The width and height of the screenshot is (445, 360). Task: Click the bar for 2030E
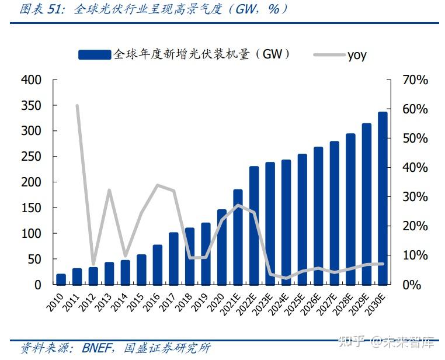coord(383,198)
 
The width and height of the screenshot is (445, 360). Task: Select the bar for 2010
coord(61,279)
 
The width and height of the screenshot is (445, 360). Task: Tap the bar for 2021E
coord(238,237)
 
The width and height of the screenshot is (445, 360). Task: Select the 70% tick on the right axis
coord(415,80)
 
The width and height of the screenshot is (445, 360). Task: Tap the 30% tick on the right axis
coord(415,197)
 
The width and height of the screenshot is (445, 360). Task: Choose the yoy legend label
coord(357,55)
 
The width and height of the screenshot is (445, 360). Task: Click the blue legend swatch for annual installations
coord(94,54)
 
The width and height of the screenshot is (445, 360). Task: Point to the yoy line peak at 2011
coord(77,106)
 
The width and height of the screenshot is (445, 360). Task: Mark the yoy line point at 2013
coord(109,190)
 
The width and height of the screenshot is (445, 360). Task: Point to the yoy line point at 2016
coord(158,185)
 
